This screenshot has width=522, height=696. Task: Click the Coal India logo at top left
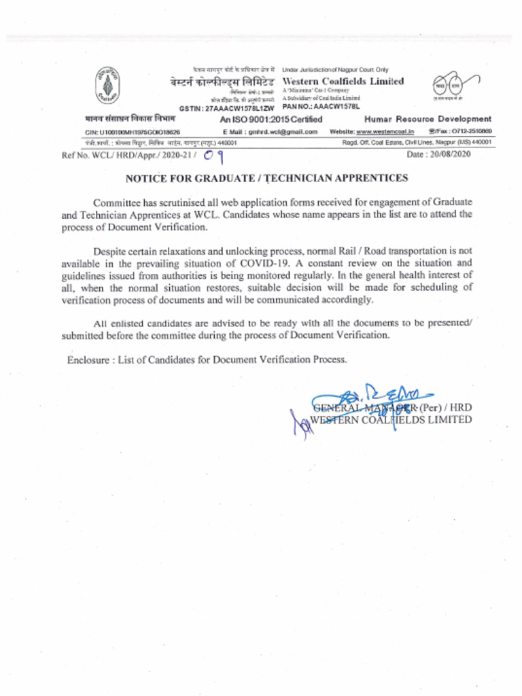click(x=106, y=86)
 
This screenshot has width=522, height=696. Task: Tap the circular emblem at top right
click(x=449, y=86)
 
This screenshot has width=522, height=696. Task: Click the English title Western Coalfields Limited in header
click(x=343, y=82)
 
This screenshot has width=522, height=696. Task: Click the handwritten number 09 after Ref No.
click(x=215, y=156)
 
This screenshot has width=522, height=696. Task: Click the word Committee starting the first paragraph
click(x=117, y=203)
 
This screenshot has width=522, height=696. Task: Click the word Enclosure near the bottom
click(x=88, y=360)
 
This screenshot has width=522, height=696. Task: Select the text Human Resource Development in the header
click(x=428, y=119)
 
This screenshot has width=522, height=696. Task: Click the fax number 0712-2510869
click(x=468, y=131)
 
